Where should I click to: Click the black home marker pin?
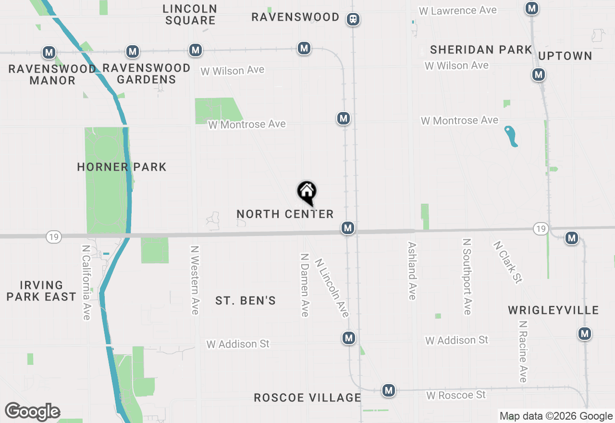tap(307, 192)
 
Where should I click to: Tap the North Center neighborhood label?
tap(285, 214)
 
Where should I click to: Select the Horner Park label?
tap(122, 167)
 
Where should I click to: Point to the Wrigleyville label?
tap(553, 310)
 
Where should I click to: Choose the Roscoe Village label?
tap(307, 398)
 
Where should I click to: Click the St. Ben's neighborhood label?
tap(246, 301)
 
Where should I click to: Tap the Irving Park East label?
tap(41, 291)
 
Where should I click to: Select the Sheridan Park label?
tap(481, 50)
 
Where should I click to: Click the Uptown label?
tap(565, 56)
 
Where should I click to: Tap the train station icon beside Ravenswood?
tap(353, 19)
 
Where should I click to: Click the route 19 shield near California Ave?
tap(54, 236)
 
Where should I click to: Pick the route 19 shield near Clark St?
tap(541, 229)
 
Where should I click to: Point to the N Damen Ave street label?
tap(305, 285)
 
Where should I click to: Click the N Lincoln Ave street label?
tap(332, 288)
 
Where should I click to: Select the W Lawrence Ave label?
tap(457, 11)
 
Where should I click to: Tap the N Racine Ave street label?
tap(523, 351)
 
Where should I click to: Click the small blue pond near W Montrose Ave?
tap(511, 136)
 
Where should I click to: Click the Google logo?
tap(32, 411)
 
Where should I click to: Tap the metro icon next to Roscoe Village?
tap(388, 390)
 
